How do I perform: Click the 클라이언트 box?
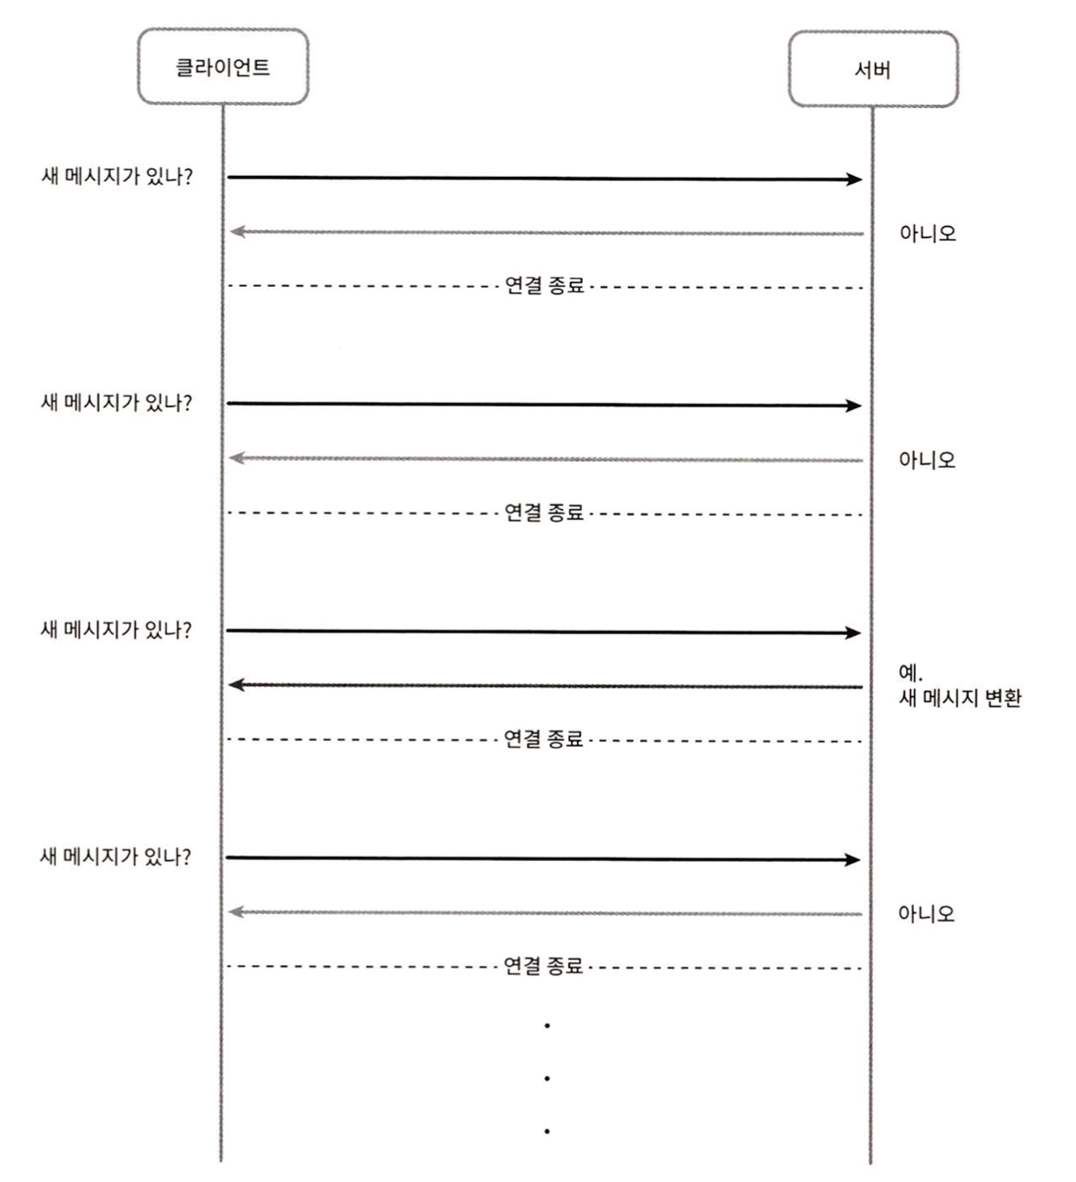(x=223, y=67)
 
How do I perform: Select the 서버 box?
(x=874, y=69)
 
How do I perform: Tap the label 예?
(x=910, y=673)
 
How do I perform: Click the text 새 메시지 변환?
(x=960, y=699)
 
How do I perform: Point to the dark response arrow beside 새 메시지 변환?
(x=546, y=686)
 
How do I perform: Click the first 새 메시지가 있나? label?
(x=117, y=176)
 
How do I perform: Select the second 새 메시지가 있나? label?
(x=116, y=402)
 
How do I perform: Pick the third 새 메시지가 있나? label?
(x=116, y=630)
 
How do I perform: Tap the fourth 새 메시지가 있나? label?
(x=115, y=856)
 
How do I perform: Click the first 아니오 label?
(x=928, y=234)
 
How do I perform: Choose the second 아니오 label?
(x=927, y=460)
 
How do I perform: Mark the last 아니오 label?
(x=926, y=914)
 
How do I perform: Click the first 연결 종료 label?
(x=545, y=285)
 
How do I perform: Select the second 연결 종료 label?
(x=544, y=512)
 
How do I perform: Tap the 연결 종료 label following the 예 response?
(x=544, y=738)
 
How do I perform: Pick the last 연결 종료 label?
(x=543, y=965)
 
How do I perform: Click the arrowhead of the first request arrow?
(x=856, y=180)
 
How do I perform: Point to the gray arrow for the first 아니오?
(x=546, y=233)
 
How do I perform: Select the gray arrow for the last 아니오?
(x=545, y=914)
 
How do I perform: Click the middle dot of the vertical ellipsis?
(x=547, y=1079)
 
